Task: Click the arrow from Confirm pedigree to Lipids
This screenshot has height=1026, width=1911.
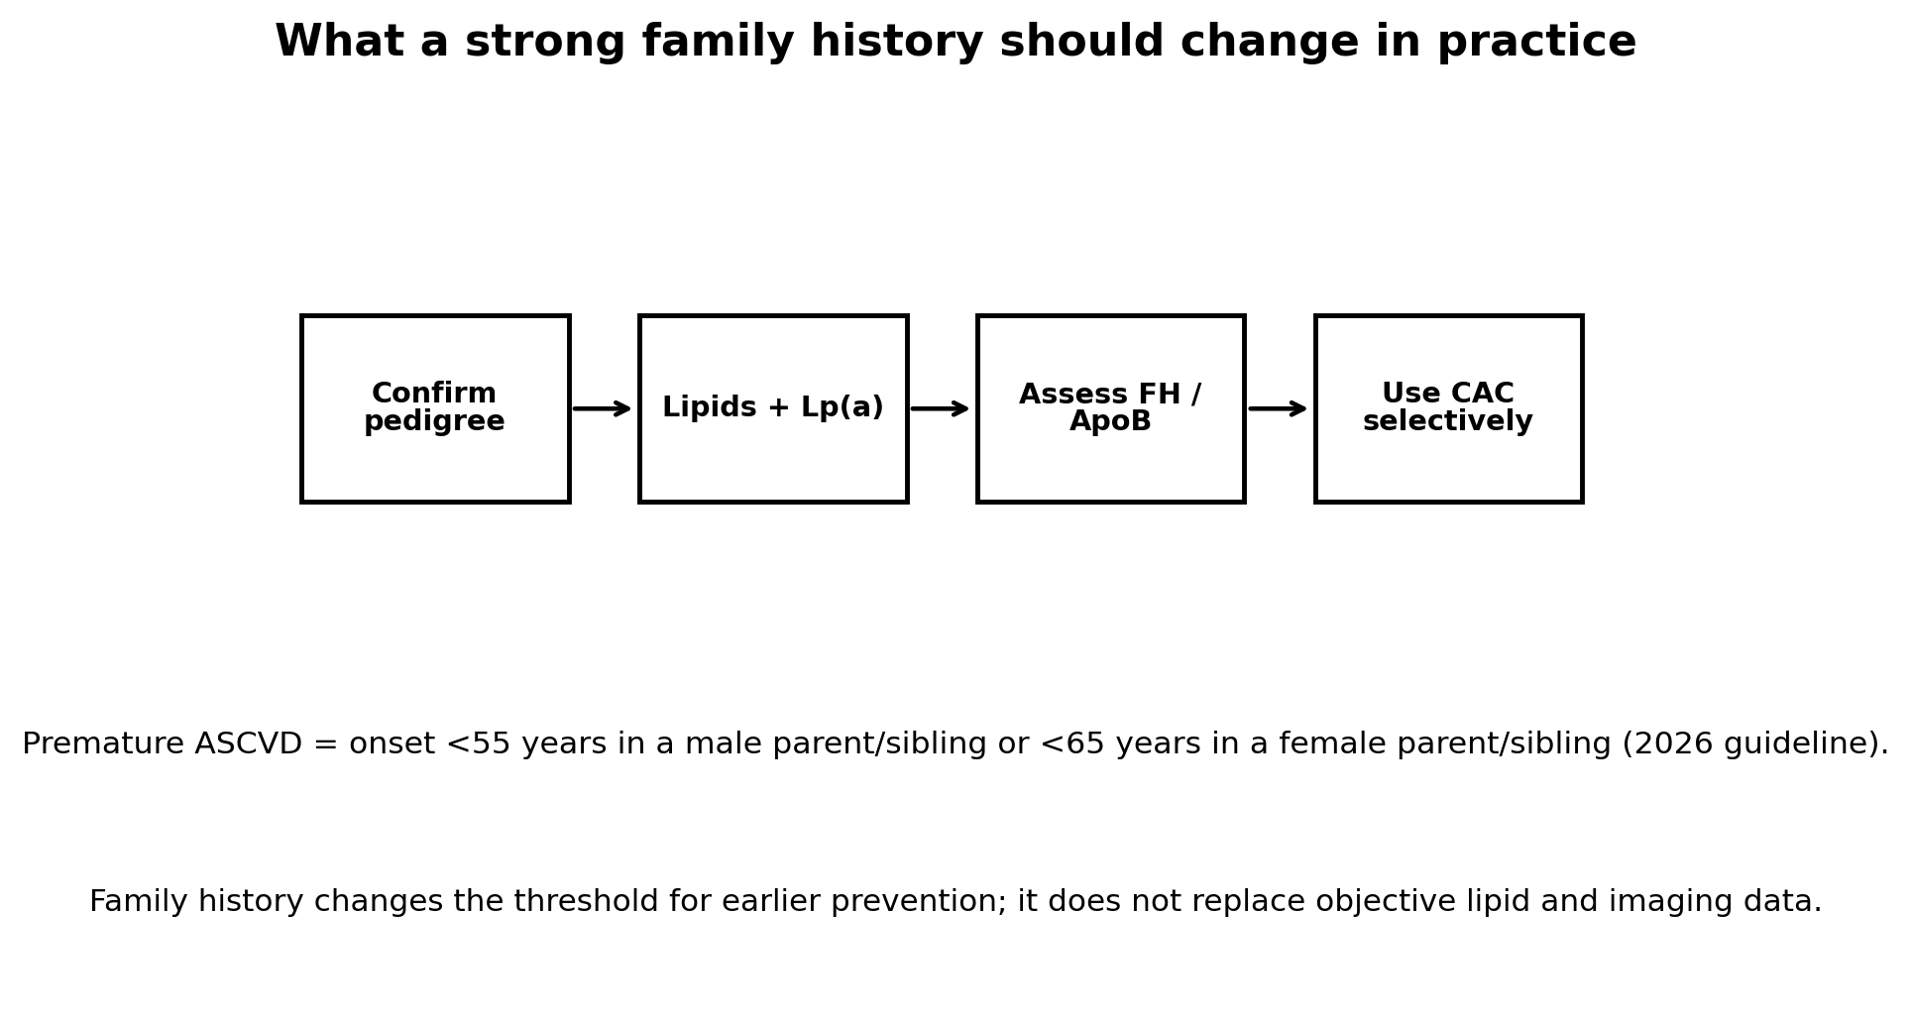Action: coord(602,408)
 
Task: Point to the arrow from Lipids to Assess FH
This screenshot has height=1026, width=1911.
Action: coord(940,408)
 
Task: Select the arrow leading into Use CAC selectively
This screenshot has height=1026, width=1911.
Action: coord(1278,408)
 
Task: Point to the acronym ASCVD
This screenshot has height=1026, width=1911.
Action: coord(248,744)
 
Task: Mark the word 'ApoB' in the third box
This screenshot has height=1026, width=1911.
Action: coord(1110,422)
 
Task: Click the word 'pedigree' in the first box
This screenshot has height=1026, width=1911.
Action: coord(434,422)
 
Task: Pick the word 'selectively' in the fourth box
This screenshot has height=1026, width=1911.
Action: coord(1448,422)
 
